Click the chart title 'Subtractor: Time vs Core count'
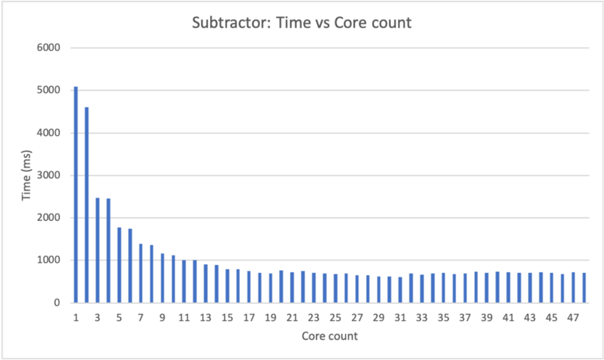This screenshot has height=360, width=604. pyautogui.click(x=302, y=23)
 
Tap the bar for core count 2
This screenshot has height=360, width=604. pyautogui.click(x=86, y=205)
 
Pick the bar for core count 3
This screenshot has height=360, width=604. pyautogui.click(x=97, y=250)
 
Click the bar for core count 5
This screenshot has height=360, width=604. pyautogui.click(x=119, y=265)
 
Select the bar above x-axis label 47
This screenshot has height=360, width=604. pyautogui.click(x=573, y=288)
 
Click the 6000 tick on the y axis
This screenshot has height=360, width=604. pyautogui.click(x=48, y=48)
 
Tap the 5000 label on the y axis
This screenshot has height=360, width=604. pyautogui.click(x=48, y=91)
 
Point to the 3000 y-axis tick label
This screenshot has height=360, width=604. pyautogui.click(x=48, y=176)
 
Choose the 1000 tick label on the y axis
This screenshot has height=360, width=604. pyautogui.click(x=48, y=260)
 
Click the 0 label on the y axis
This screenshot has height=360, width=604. pyautogui.click(x=56, y=303)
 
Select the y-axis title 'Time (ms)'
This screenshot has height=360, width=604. pyautogui.click(x=25, y=176)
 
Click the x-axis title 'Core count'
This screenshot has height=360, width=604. pyautogui.click(x=329, y=337)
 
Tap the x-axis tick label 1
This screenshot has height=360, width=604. pyautogui.click(x=76, y=318)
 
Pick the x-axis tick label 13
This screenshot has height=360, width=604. pyautogui.click(x=206, y=318)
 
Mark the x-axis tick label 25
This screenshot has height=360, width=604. pyautogui.click(x=335, y=318)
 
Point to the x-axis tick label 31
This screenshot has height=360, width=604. pyautogui.click(x=400, y=318)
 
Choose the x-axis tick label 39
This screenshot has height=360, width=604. pyautogui.click(x=486, y=318)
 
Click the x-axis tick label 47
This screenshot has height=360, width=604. pyautogui.click(x=573, y=318)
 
